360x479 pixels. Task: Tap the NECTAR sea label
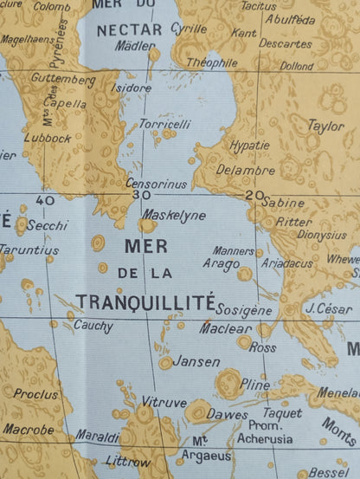click(x=129, y=29)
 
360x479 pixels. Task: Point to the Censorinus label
click(x=156, y=184)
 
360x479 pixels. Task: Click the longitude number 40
click(x=46, y=200)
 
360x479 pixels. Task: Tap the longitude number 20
click(x=253, y=196)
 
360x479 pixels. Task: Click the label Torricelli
click(x=164, y=124)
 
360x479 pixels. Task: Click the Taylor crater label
click(x=325, y=126)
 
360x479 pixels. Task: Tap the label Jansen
click(x=196, y=361)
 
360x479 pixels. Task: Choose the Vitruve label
click(x=164, y=403)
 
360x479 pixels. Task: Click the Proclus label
click(x=35, y=394)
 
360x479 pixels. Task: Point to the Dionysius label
click(x=322, y=234)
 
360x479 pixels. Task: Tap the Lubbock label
click(x=48, y=138)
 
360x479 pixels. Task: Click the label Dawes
click(x=228, y=414)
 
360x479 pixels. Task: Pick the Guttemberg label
click(x=62, y=80)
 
